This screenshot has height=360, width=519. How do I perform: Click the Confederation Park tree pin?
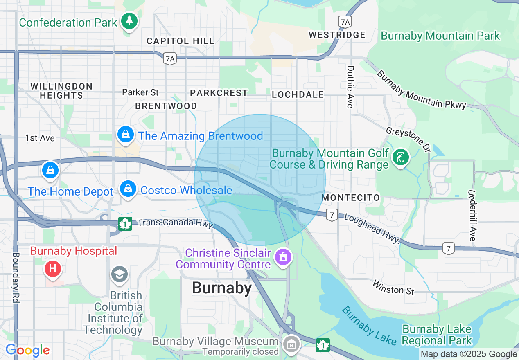pos(129,21)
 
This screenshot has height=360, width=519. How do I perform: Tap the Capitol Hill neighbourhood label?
pos(181,41)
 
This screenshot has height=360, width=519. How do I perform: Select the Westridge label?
pos(337,35)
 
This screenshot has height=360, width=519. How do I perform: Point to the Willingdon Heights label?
pos(61,91)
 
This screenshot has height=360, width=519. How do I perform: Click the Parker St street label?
pos(140,92)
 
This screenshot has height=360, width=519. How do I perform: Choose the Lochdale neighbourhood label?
pos(298,95)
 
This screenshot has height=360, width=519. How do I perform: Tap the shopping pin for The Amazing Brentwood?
pos(126,135)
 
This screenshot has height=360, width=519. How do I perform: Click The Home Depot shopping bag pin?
pos(50,170)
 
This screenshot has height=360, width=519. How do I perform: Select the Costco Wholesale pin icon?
pos(129,189)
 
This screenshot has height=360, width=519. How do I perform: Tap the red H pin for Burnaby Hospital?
pos(52,269)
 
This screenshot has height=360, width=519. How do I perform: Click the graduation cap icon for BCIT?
pos(120,274)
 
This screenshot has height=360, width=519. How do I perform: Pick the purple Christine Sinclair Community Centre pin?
pos(283,257)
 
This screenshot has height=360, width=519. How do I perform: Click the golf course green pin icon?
pos(400,157)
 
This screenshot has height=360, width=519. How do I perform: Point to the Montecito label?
pos(351,198)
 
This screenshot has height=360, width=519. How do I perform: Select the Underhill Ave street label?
pos(472,215)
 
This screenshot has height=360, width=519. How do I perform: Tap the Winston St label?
pos(393,288)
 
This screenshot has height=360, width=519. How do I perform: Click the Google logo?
pos(27,350)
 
